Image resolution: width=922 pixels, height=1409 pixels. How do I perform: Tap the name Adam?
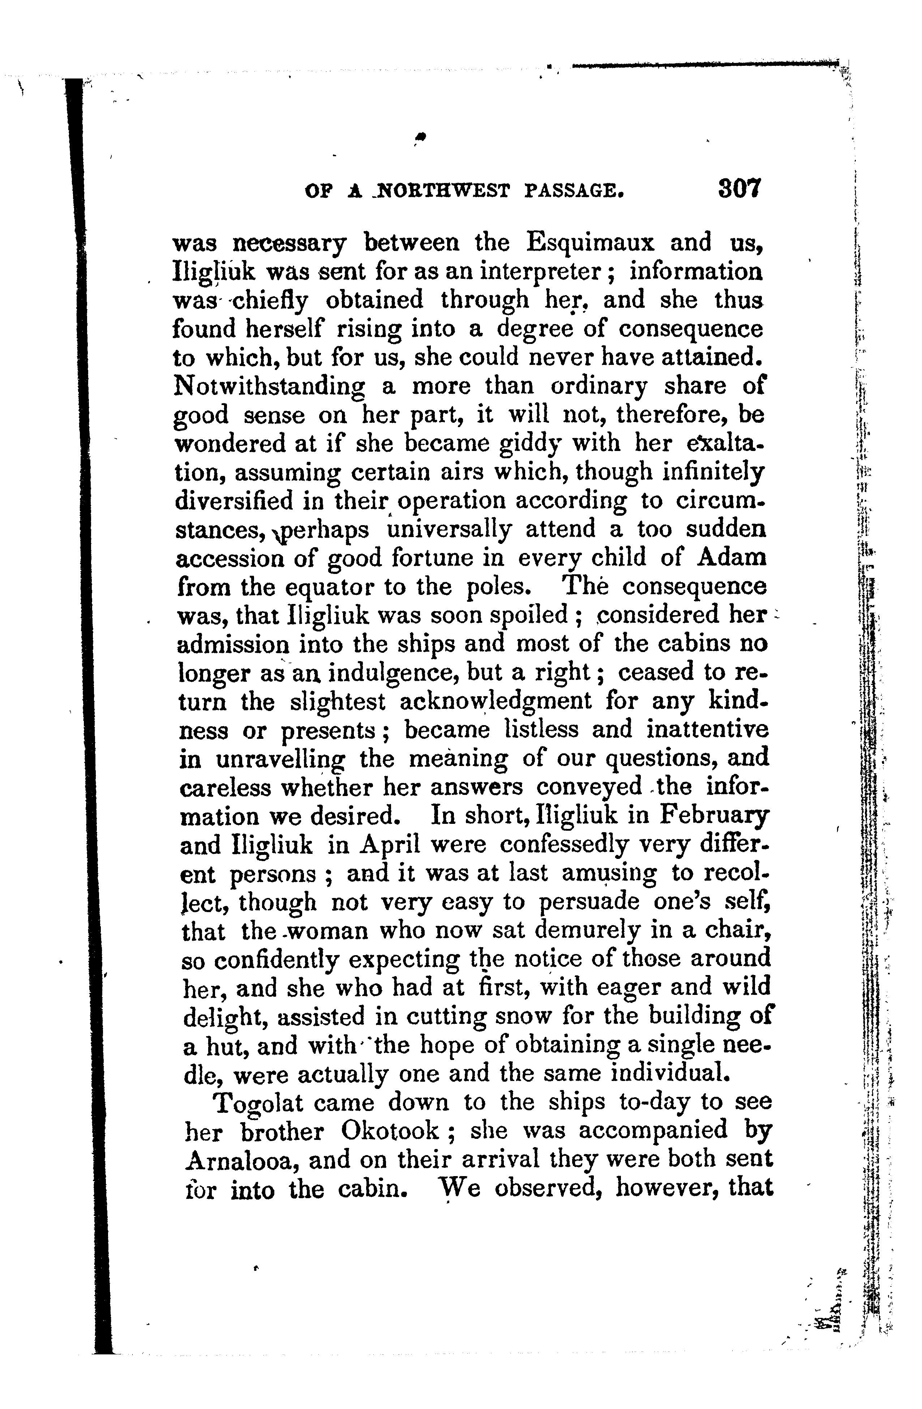[x=732, y=558]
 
